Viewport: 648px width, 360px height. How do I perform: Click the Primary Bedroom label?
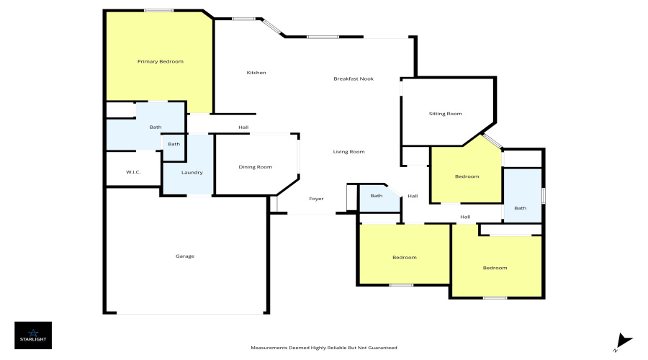pyautogui.click(x=161, y=62)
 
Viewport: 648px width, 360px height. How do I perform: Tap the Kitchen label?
pyautogui.click(x=256, y=73)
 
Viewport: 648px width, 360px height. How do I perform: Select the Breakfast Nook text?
pyautogui.click(x=354, y=78)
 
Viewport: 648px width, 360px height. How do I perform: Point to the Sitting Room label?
pyautogui.click(x=445, y=114)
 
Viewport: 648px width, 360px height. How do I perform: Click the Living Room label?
pyautogui.click(x=348, y=152)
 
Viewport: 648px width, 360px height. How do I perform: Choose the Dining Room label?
pyautogui.click(x=256, y=167)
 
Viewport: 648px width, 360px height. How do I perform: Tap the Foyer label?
pyautogui.click(x=316, y=199)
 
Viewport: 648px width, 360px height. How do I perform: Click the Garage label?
pyautogui.click(x=185, y=256)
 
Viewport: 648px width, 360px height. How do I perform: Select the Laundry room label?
pyautogui.click(x=192, y=173)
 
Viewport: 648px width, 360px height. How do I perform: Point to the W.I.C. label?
pyautogui.click(x=133, y=172)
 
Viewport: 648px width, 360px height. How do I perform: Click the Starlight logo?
pyautogui.click(x=33, y=335)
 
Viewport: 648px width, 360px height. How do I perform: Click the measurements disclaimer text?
pyautogui.click(x=323, y=348)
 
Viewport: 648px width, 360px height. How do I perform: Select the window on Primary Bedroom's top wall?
pyautogui.click(x=158, y=10)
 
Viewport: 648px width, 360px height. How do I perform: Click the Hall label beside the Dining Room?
pyautogui.click(x=244, y=128)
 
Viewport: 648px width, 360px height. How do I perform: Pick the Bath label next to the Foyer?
pyautogui.click(x=377, y=196)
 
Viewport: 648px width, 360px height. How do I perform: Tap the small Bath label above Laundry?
pyautogui.click(x=174, y=144)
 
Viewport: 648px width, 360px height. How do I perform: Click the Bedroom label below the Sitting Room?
pyautogui.click(x=467, y=176)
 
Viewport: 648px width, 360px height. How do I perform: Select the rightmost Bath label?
pyautogui.click(x=520, y=209)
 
